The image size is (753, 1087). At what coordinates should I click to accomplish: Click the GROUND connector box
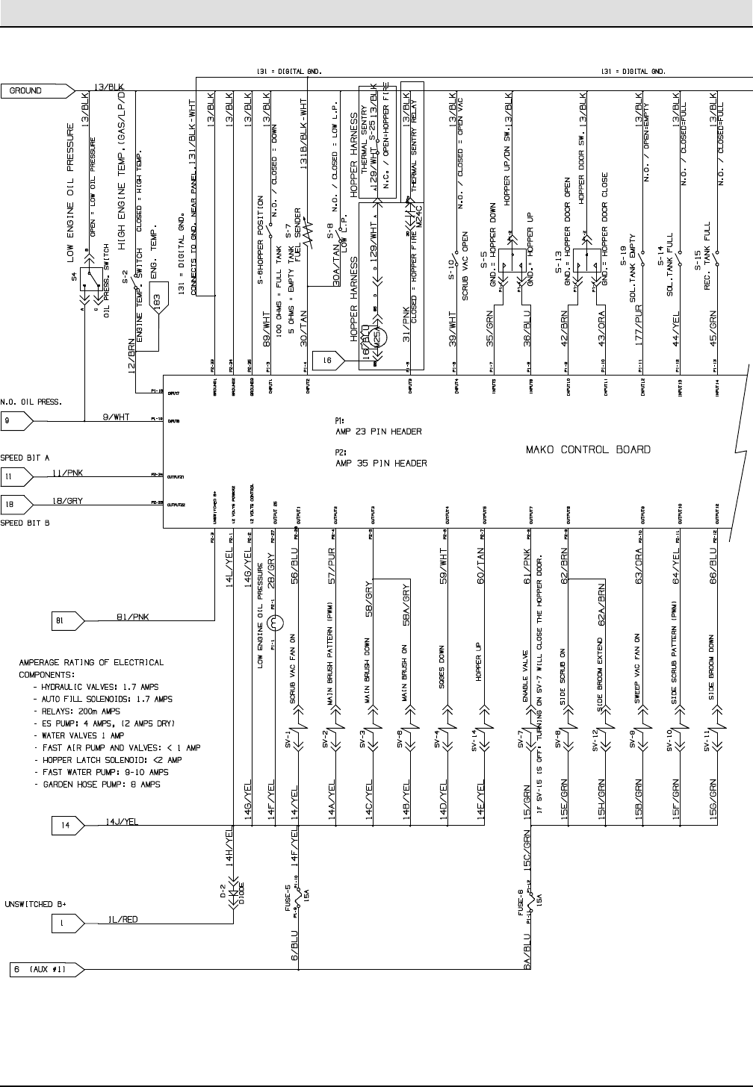coord(37,91)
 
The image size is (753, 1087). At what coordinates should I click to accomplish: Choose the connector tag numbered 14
coord(68,825)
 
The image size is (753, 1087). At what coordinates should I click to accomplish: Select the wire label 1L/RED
coord(119,920)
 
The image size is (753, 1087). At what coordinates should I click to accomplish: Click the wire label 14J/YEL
coord(119,820)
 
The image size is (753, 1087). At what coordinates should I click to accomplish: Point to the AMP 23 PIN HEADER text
coord(379,432)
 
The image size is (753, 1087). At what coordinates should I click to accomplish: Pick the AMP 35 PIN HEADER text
coord(381,464)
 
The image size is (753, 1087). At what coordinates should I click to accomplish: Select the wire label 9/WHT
coord(116,417)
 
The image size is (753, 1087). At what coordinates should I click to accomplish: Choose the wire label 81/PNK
coord(131,616)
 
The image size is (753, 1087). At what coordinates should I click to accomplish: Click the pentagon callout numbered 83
coord(158,301)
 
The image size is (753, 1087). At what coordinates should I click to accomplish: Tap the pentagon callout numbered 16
coord(327,361)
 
